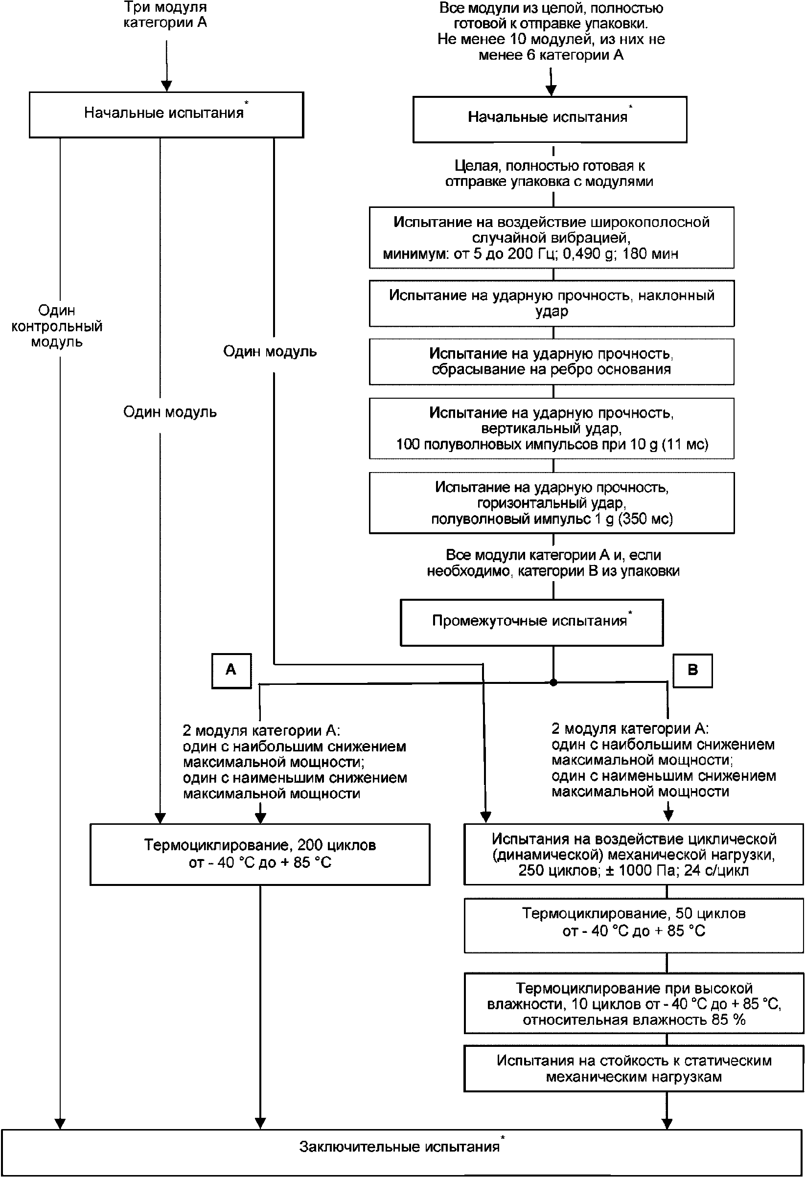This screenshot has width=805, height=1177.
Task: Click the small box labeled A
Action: coord(231,671)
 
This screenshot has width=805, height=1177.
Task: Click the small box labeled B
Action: coord(692,671)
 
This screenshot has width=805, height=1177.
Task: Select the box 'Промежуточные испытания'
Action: coord(532,622)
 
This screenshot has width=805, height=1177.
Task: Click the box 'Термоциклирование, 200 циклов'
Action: coord(260,855)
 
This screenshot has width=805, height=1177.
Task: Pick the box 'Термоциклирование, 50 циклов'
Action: coord(634,925)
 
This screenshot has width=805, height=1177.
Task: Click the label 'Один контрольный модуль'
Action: coord(57,326)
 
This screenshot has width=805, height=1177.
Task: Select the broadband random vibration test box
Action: coord(552,238)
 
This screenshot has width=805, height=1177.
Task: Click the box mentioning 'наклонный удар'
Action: coord(552,303)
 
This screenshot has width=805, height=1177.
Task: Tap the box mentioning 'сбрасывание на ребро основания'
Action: coord(552,362)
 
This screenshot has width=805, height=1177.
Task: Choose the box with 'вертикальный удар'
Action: coord(552,429)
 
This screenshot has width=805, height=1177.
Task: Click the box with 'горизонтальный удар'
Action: coord(552,503)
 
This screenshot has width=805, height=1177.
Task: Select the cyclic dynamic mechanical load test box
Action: coord(634,855)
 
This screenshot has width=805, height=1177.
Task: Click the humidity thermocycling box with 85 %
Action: coord(634,1004)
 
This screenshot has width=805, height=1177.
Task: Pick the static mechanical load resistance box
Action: coord(634,1068)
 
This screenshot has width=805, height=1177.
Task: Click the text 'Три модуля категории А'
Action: coord(165,15)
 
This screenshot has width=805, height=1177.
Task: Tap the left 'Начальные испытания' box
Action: coord(166,114)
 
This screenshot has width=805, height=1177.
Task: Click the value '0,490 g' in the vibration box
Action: coord(588,254)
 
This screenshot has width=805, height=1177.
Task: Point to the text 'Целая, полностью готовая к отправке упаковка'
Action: coord(549,174)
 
